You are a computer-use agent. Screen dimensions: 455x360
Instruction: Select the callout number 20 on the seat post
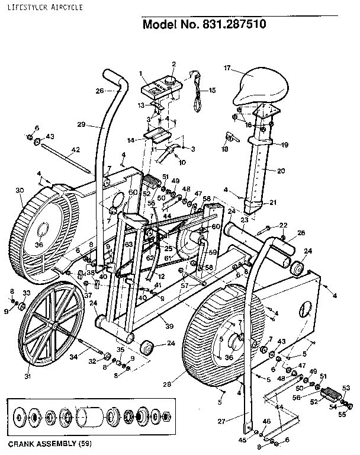(281, 171)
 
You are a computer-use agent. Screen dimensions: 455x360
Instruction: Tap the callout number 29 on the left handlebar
(81, 124)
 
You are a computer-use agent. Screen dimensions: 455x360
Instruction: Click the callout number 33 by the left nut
(26, 293)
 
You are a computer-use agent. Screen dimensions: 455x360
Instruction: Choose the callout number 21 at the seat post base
(273, 202)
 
